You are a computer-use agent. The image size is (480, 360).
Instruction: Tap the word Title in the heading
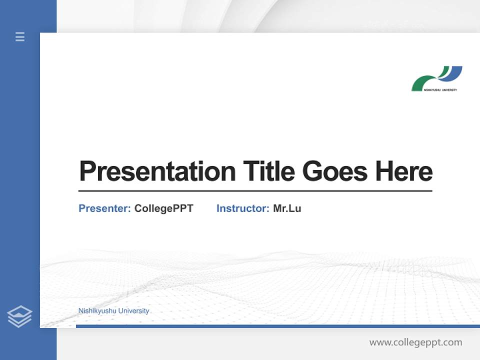click(x=268, y=171)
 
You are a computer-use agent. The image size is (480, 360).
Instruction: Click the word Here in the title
click(x=403, y=171)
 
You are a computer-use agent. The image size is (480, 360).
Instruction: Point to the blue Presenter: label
click(x=104, y=208)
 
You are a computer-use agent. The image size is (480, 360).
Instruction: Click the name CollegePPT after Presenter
click(x=163, y=208)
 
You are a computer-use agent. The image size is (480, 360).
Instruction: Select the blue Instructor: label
click(x=242, y=208)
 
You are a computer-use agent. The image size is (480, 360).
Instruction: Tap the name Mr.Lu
click(x=287, y=208)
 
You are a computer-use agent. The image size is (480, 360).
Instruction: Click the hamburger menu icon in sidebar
click(x=20, y=36)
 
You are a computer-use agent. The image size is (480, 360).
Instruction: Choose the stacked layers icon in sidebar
click(x=19, y=316)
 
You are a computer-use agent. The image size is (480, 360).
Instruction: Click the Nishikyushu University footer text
click(x=113, y=311)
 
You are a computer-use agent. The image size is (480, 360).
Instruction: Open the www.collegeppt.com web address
click(x=415, y=342)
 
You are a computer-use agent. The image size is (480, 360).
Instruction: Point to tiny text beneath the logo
click(x=440, y=90)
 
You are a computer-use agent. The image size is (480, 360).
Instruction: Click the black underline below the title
click(x=255, y=191)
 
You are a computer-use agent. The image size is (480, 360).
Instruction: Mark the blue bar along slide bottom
click(x=275, y=326)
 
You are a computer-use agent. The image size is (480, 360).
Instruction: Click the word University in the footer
click(x=133, y=311)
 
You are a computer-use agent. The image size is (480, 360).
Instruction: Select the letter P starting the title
click(x=87, y=171)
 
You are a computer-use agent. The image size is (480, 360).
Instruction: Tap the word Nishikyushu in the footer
click(x=97, y=311)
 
